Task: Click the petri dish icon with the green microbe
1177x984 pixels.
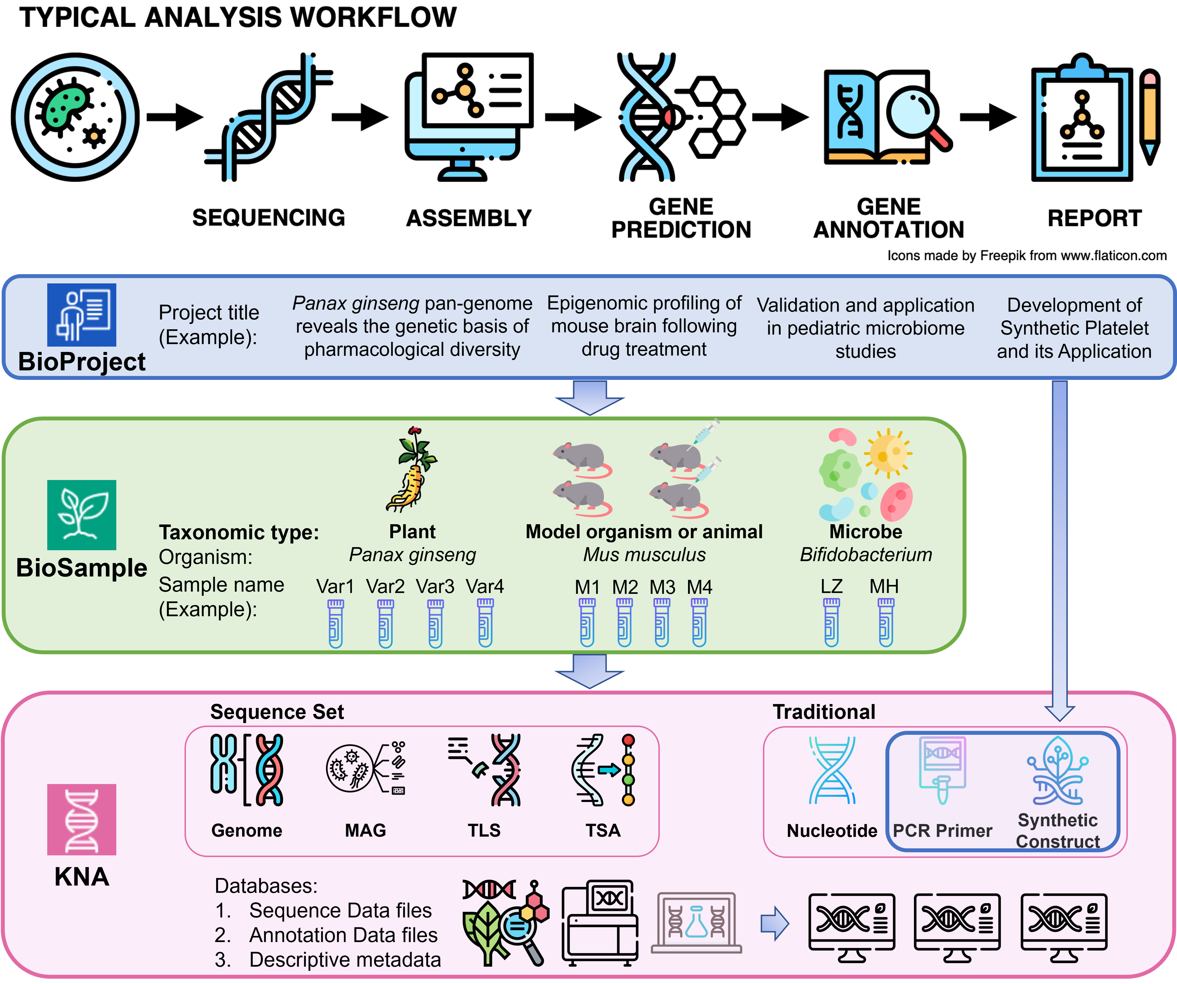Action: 75,117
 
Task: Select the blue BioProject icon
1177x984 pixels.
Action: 82,315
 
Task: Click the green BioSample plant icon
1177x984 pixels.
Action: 82,515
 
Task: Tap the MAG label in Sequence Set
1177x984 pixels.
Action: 365,830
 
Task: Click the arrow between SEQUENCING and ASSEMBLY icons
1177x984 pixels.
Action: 360,117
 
